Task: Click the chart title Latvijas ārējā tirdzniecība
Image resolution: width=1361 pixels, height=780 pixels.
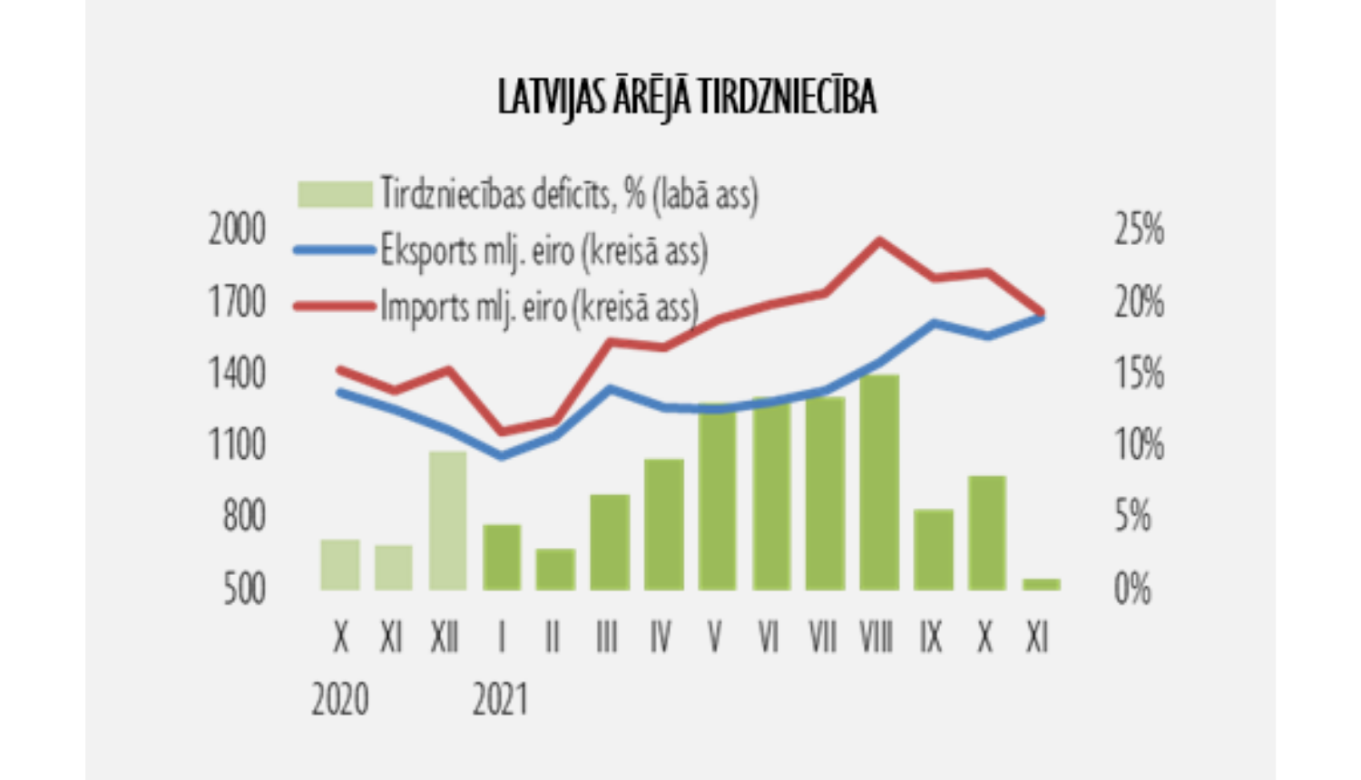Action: click(687, 97)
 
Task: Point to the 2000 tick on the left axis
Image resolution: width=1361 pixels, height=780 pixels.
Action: click(237, 229)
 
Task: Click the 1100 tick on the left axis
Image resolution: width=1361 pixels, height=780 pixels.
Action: click(237, 444)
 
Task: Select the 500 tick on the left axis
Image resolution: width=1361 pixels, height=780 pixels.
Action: click(244, 589)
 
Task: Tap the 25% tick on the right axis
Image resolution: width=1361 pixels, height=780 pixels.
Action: click(1139, 229)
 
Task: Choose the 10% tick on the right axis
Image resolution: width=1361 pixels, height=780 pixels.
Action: click(1139, 444)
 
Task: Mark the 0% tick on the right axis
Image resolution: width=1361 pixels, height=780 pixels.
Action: click(1132, 589)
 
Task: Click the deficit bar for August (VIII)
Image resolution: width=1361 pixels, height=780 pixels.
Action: click(878, 482)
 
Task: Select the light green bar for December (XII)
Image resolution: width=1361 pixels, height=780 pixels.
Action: click(447, 521)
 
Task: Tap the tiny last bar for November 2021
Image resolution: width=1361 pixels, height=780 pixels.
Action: click(1041, 585)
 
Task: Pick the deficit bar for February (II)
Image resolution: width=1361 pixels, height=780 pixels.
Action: click(555, 570)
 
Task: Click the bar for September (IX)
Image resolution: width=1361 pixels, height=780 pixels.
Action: click(933, 550)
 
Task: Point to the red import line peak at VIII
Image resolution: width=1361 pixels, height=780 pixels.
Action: click(878, 240)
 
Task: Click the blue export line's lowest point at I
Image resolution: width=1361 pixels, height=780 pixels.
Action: click(501, 455)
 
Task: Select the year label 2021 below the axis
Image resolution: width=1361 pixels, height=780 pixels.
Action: click(499, 699)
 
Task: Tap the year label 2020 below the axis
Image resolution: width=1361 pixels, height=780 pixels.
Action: click(340, 699)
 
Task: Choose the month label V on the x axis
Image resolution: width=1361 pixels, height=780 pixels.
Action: click(715, 639)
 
